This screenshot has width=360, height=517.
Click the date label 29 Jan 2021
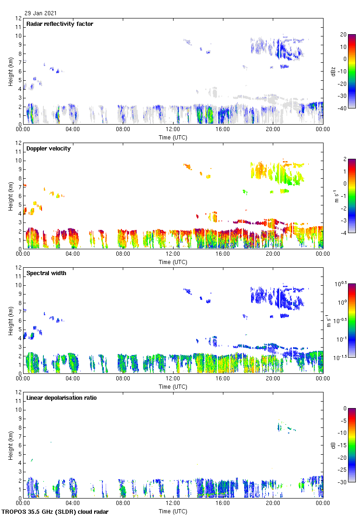41,13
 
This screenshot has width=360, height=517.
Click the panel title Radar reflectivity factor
60,24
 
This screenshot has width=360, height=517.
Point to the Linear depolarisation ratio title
61,398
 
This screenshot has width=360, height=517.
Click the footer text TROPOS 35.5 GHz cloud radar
55,512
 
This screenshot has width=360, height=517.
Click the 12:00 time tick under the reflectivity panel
173,129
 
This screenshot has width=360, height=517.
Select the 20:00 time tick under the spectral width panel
273,378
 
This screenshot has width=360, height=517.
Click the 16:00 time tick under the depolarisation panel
222,503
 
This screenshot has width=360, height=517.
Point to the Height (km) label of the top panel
10,71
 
